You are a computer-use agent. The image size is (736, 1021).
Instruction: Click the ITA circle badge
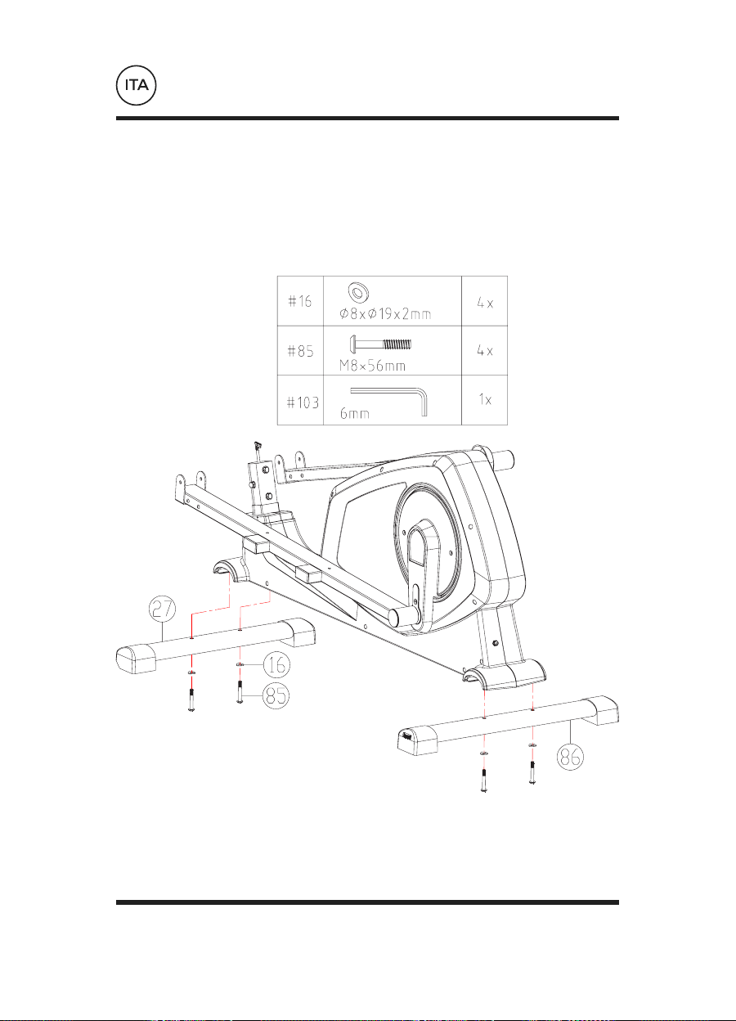pos(136,85)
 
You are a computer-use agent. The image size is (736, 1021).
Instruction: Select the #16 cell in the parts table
pos(300,301)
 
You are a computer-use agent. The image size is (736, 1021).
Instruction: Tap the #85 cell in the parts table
pos(300,350)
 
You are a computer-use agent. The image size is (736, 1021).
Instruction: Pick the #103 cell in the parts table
pos(300,400)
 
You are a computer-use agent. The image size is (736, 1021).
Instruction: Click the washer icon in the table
pos(358,292)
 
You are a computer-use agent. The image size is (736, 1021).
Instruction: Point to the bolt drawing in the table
pos(380,344)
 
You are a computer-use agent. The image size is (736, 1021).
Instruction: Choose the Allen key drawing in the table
pos(389,401)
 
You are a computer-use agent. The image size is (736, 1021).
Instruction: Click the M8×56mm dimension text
pos(372,366)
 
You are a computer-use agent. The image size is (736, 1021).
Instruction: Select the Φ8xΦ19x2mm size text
pos(385,313)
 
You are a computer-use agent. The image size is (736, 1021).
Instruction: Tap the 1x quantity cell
pos(484,400)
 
